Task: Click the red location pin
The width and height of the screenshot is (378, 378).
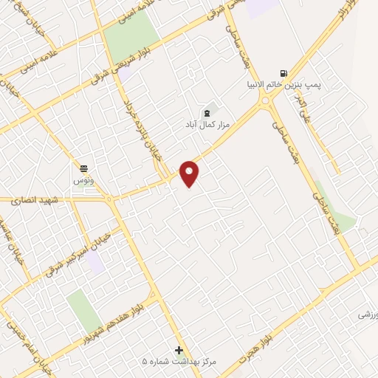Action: tap(190, 173)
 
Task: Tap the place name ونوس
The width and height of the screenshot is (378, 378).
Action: tap(83, 180)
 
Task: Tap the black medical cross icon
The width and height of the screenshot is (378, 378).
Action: tap(178, 350)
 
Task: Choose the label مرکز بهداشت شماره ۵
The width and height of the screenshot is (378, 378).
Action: tap(178, 362)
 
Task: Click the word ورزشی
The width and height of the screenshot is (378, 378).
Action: tap(368, 314)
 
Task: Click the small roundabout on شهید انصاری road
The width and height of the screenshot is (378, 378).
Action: tap(109, 199)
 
